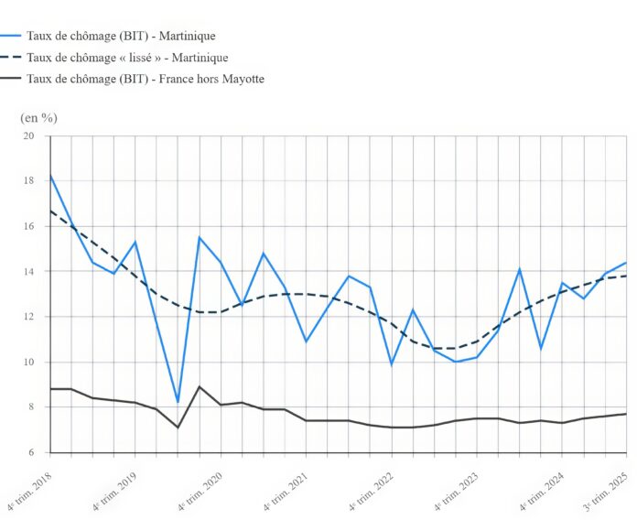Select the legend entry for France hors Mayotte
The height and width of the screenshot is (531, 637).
(x=146, y=79)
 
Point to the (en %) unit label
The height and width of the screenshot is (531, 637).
(x=38, y=117)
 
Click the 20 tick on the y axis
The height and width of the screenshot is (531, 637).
(x=27, y=135)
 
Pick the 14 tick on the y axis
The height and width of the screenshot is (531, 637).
(x=27, y=272)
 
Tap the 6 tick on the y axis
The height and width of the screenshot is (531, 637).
(x=30, y=452)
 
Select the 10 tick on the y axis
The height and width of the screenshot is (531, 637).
(x=27, y=362)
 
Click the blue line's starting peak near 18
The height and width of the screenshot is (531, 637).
(x=50, y=175)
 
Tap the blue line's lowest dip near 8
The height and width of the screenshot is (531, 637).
(x=178, y=402)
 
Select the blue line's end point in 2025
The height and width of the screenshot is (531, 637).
(x=625, y=263)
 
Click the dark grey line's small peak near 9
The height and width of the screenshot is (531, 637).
(x=200, y=386)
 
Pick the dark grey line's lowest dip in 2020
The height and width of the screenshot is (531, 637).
(x=178, y=428)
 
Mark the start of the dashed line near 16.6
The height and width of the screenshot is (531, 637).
(x=50, y=211)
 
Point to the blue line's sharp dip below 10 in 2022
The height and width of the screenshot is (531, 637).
(x=391, y=364)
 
